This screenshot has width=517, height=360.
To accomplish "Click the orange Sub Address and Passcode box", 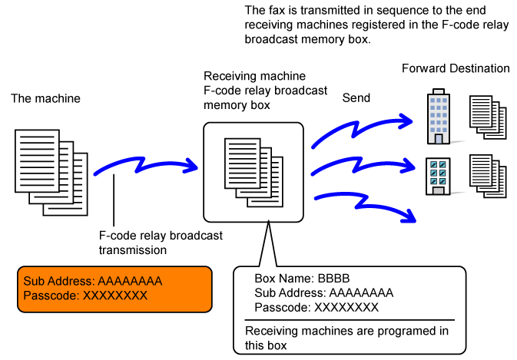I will point(115,289).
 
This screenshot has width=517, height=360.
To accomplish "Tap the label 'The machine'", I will point(45,99).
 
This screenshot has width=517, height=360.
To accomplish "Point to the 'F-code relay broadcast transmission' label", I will point(161,243).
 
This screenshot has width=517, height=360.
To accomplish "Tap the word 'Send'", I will point(356,98).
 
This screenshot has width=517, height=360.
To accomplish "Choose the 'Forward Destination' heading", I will point(456,68).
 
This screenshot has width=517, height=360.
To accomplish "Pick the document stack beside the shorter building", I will point(488,176).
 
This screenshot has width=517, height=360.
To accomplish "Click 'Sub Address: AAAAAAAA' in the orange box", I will point(92,281).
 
